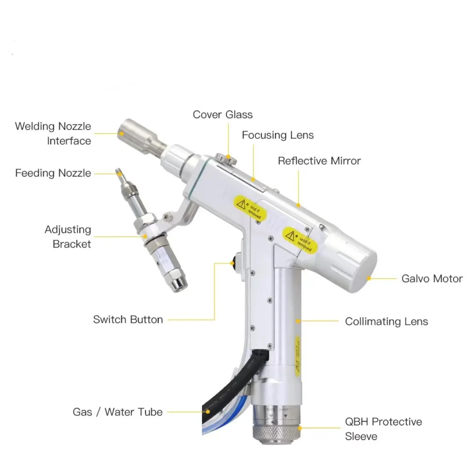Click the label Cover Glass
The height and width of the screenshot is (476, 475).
[222, 115]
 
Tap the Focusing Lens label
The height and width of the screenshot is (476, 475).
[277, 135]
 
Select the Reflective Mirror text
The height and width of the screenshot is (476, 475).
[319, 161]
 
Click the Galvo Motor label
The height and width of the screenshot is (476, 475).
[431, 278]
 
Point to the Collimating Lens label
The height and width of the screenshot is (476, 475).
[386, 321]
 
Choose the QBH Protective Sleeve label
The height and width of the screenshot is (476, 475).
[383, 429]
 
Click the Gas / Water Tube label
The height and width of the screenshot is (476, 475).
[118, 412]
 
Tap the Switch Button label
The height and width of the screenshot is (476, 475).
[127, 319]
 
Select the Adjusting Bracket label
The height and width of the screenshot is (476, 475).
[68, 237]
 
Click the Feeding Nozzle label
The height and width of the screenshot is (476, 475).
[53, 173]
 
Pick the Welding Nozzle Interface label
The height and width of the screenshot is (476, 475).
[53, 133]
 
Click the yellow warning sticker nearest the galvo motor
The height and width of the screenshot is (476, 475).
[300, 240]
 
